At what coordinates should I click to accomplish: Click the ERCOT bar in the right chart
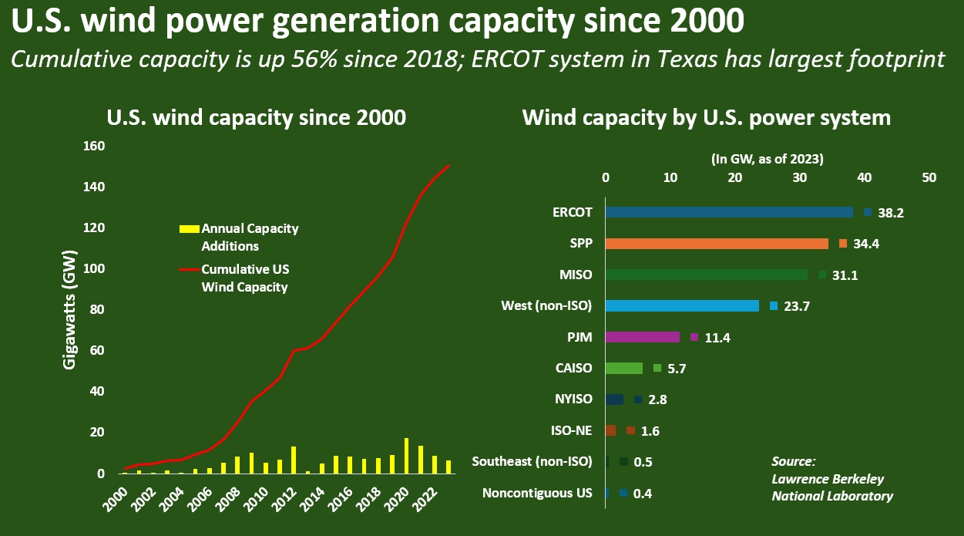[x=729, y=212]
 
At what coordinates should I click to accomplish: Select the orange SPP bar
[x=717, y=244]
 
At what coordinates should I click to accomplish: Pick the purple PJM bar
[x=643, y=337]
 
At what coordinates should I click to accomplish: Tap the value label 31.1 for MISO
[x=844, y=275]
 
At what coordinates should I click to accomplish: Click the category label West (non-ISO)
[x=546, y=306]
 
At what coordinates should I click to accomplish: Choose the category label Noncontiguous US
[x=537, y=494]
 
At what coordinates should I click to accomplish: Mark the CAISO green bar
[x=624, y=369]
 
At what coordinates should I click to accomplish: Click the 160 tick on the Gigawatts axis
[x=93, y=146]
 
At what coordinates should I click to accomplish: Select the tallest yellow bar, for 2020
[x=406, y=456]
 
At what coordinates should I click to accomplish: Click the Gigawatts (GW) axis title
[x=70, y=309]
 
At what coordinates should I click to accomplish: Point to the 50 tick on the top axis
[x=929, y=177]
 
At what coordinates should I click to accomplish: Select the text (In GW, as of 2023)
[x=767, y=159]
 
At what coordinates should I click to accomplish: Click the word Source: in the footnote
[x=794, y=461]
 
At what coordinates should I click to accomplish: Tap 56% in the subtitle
[x=348, y=59]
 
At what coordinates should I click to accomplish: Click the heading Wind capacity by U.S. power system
[x=706, y=118]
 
